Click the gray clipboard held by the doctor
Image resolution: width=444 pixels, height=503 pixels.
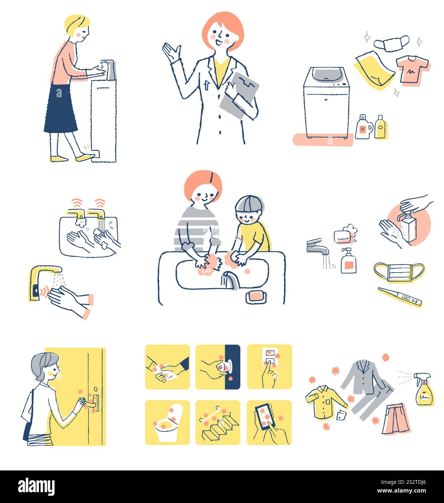[x=239, y=95]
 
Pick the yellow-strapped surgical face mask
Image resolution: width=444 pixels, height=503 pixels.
[x=399, y=272]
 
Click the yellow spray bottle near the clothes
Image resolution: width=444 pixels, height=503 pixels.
[x=424, y=390]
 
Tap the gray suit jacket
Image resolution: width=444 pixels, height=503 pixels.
[x=364, y=378]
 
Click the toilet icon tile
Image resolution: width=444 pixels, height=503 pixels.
[x=167, y=422]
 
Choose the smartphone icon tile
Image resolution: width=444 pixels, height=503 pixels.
[x=269, y=422]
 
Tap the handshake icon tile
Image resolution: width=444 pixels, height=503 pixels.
[x=167, y=367]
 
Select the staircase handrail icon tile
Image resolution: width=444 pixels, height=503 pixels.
[x=218, y=422]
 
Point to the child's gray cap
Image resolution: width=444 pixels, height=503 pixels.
[x=249, y=204]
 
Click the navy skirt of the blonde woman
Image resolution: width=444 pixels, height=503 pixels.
[x=60, y=109]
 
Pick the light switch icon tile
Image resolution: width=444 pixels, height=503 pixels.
[x=270, y=367]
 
